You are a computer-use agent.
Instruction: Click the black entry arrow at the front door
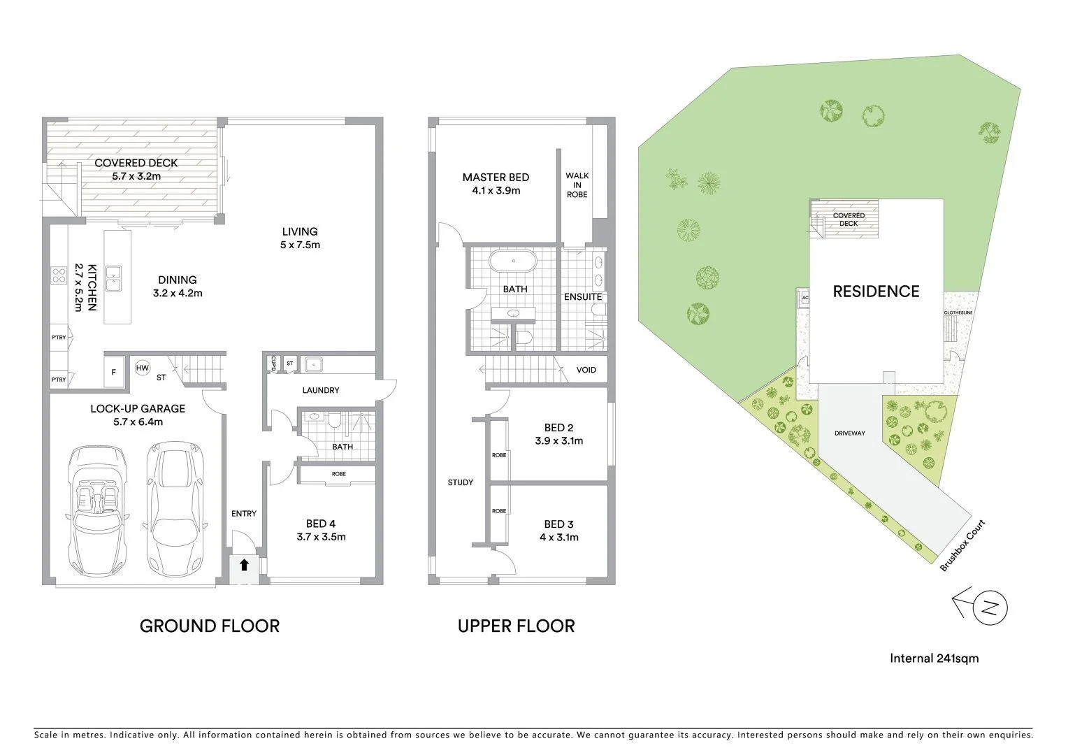(244, 565)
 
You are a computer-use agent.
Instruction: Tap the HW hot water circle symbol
(143, 368)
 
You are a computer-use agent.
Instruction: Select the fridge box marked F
(114, 373)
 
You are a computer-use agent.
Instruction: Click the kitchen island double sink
(112, 278)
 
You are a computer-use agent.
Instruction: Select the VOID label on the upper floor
(586, 369)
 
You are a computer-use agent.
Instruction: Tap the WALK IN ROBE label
(577, 185)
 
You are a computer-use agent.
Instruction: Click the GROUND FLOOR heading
(210, 626)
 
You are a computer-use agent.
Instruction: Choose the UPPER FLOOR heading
(516, 626)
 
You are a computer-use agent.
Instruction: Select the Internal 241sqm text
(934, 658)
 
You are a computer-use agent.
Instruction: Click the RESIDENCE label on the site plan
(876, 292)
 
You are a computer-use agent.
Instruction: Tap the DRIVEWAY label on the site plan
(849, 433)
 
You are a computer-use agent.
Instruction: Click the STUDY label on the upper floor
(461, 482)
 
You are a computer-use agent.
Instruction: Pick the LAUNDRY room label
(321, 390)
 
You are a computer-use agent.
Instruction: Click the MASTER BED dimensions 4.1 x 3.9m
(496, 190)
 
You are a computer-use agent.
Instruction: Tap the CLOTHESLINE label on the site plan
(958, 312)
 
